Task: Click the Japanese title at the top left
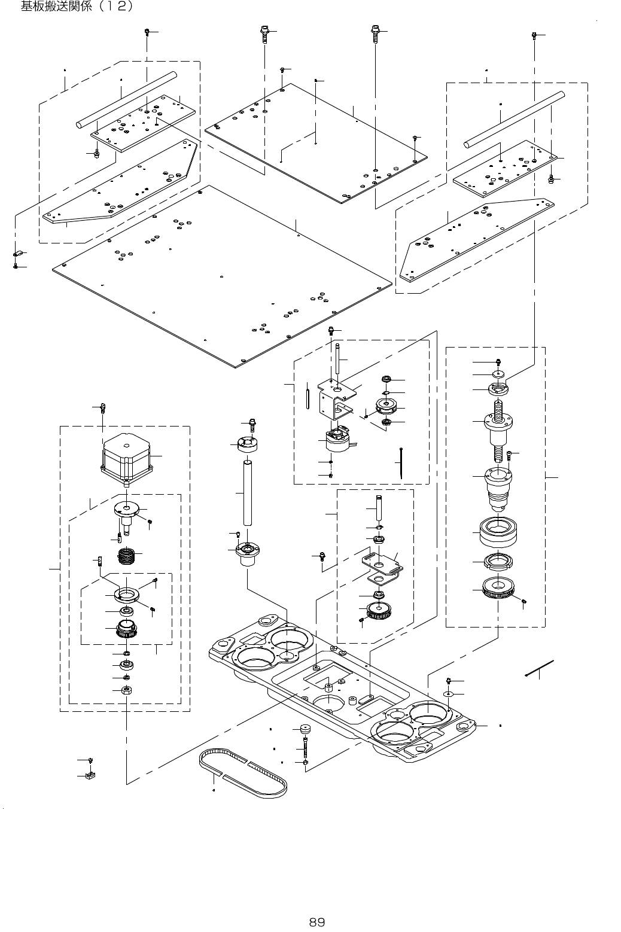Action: click(77, 8)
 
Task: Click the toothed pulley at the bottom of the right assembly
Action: click(498, 590)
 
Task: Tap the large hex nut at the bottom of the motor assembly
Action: click(126, 690)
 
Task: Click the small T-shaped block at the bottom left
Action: click(92, 776)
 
